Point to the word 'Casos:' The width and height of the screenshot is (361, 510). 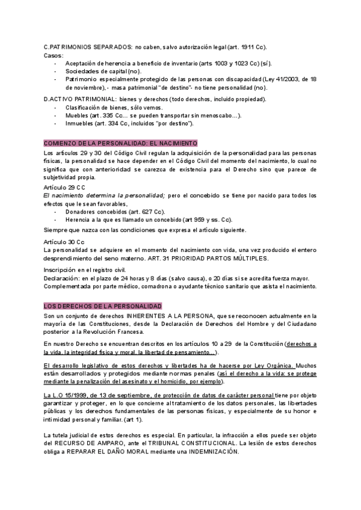(54, 55)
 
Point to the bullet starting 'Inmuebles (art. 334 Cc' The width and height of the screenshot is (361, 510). (129, 123)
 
